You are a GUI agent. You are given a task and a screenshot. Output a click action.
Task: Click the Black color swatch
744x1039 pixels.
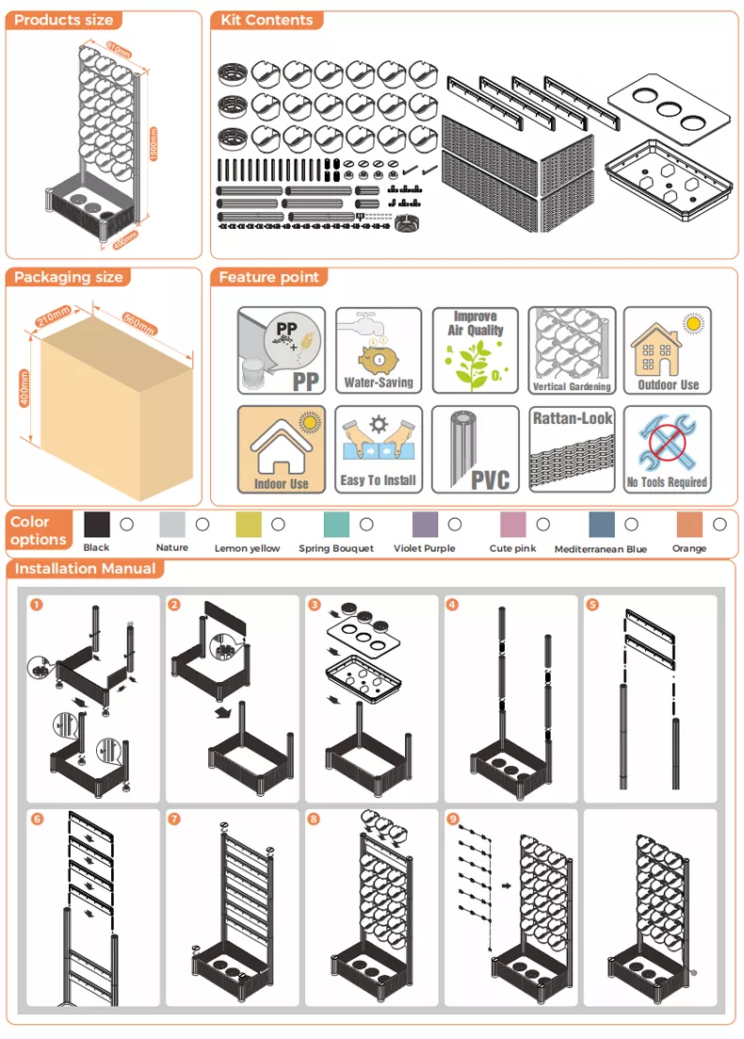pyautogui.click(x=97, y=524)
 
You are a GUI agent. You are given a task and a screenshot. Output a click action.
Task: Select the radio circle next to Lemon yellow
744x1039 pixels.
pyautogui.click(x=278, y=524)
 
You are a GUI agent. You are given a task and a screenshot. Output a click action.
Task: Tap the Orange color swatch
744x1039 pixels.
pyautogui.click(x=689, y=524)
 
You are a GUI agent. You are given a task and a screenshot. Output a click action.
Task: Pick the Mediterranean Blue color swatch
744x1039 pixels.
pyautogui.click(x=602, y=524)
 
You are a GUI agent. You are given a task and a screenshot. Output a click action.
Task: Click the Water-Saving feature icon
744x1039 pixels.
pyautogui.click(x=379, y=349)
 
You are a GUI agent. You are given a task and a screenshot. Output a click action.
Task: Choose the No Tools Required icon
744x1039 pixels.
pyautogui.click(x=667, y=449)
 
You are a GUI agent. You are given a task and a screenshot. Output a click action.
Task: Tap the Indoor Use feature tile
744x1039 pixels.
pyautogui.click(x=282, y=449)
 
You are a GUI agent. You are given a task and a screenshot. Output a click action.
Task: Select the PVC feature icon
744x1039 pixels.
pyautogui.click(x=475, y=449)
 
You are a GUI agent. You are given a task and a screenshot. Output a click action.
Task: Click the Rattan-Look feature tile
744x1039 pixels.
pyautogui.click(x=572, y=449)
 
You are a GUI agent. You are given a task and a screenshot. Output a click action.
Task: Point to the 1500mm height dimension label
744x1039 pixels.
pyautogui.click(x=154, y=143)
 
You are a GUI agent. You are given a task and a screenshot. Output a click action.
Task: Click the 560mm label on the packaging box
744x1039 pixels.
pyautogui.click(x=138, y=323)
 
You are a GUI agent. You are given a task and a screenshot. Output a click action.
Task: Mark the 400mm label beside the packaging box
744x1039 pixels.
pyautogui.click(x=24, y=388)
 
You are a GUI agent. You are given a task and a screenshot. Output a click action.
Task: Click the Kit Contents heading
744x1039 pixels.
pyautogui.click(x=267, y=20)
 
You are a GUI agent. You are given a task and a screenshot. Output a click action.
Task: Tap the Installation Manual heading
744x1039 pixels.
pyautogui.click(x=85, y=569)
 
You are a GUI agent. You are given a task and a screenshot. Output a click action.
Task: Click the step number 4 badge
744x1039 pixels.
pyautogui.click(x=452, y=605)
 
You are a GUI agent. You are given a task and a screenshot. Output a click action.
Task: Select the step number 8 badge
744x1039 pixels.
pyautogui.click(x=314, y=819)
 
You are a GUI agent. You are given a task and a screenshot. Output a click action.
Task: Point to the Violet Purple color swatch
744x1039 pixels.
pyautogui.click(x=425, y=524)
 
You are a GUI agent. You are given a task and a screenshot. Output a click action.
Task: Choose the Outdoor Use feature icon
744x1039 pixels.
pyautogui.click(x=667, y=349)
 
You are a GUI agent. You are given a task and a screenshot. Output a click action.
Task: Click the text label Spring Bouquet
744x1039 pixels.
pyautogui.click(x=336, y=548)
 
